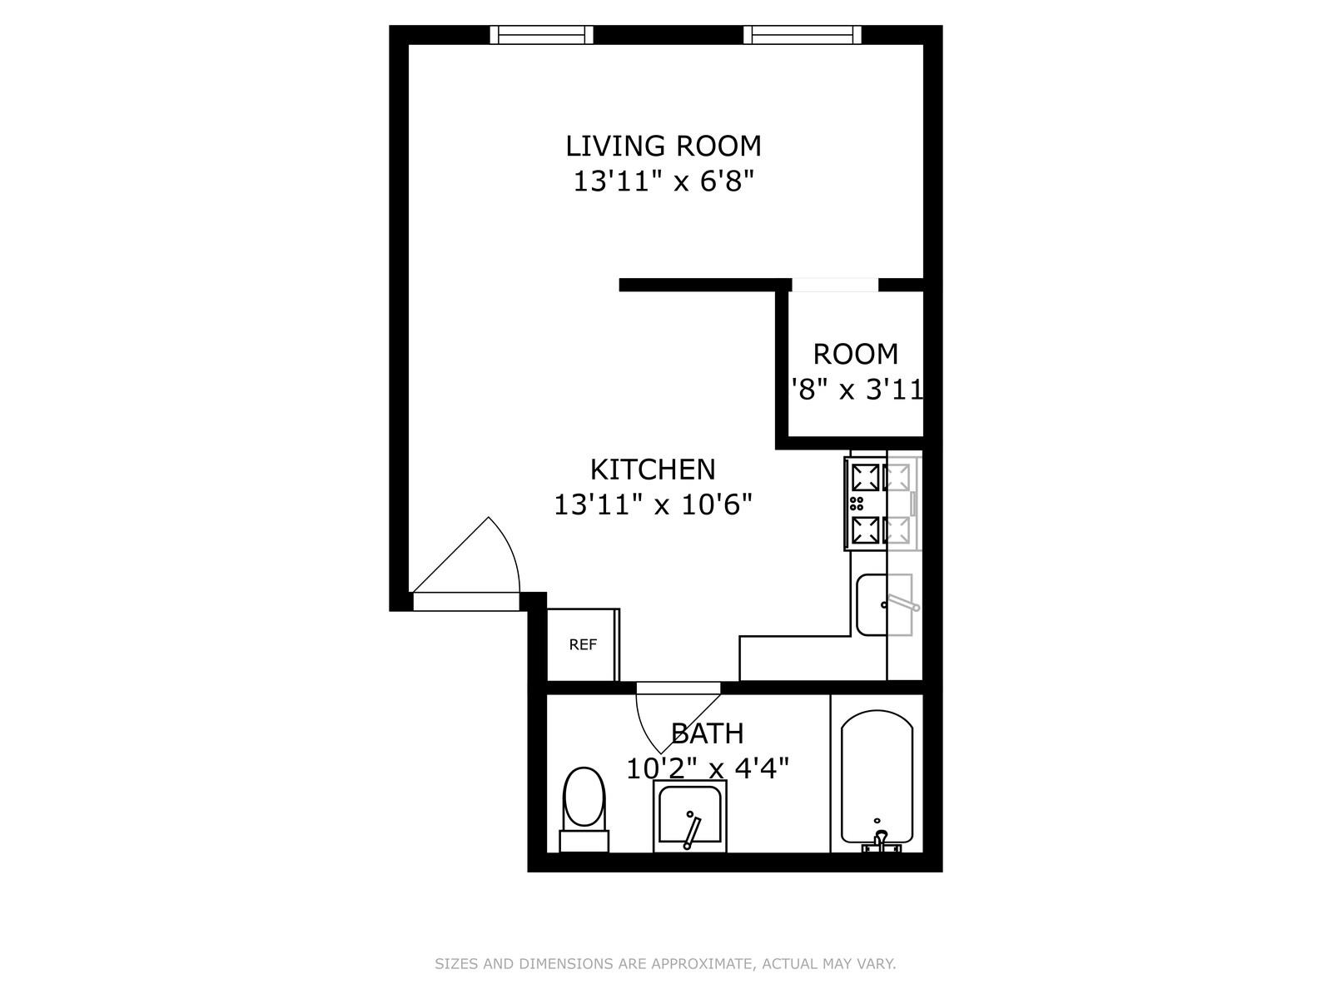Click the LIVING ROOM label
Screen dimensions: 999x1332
[664, 146]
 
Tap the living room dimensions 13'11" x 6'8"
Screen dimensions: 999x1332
[664, 181]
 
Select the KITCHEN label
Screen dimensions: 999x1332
[653, 470]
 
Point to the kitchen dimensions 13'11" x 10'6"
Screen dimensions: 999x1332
[654, 504]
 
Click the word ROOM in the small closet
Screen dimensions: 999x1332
[856, 354]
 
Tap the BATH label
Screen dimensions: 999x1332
[708, 733]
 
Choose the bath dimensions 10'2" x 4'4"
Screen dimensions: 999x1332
[708, 768]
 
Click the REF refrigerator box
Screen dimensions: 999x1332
[583, 644]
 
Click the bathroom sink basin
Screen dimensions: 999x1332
[690, 817]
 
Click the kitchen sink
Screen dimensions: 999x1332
[884, 604]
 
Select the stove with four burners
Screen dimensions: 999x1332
[881, 503]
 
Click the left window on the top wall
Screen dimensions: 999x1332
[542, 34]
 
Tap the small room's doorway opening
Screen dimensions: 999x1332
[834, 285]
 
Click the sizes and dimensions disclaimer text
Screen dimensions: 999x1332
[665, 965]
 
